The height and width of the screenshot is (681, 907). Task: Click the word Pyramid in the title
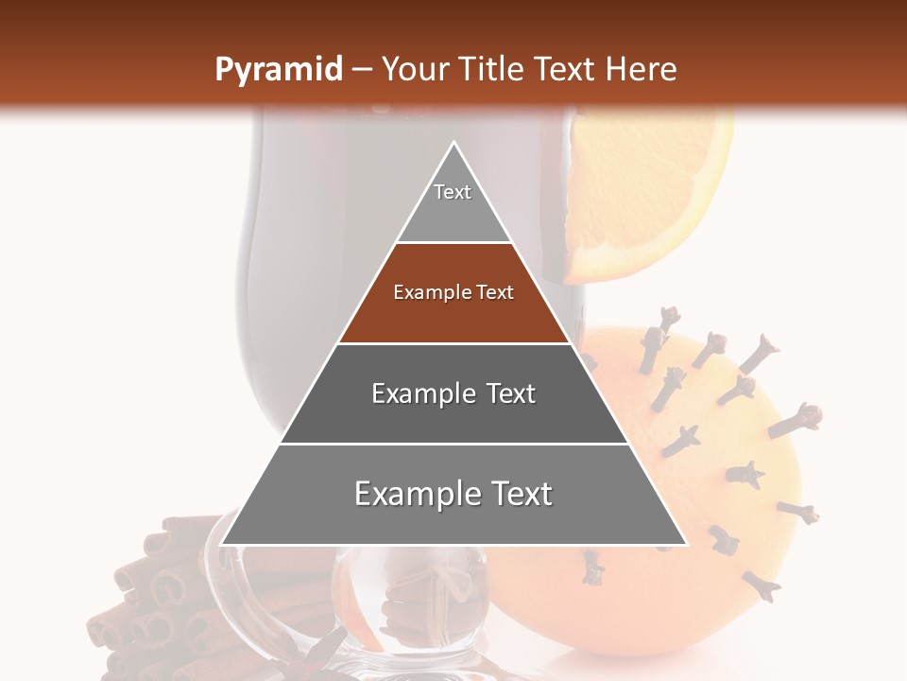[278, 70]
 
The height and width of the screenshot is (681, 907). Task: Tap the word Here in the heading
[641, 69]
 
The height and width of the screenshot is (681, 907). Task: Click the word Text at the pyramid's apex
[453, 192]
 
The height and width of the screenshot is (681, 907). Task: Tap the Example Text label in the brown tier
[453, 292]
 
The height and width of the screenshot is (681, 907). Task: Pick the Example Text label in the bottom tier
[453, 494]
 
